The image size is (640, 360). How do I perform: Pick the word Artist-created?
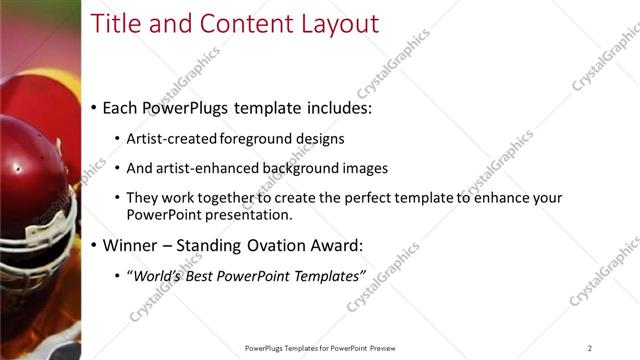click(171, 138)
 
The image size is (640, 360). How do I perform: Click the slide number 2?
click(590, 347)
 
